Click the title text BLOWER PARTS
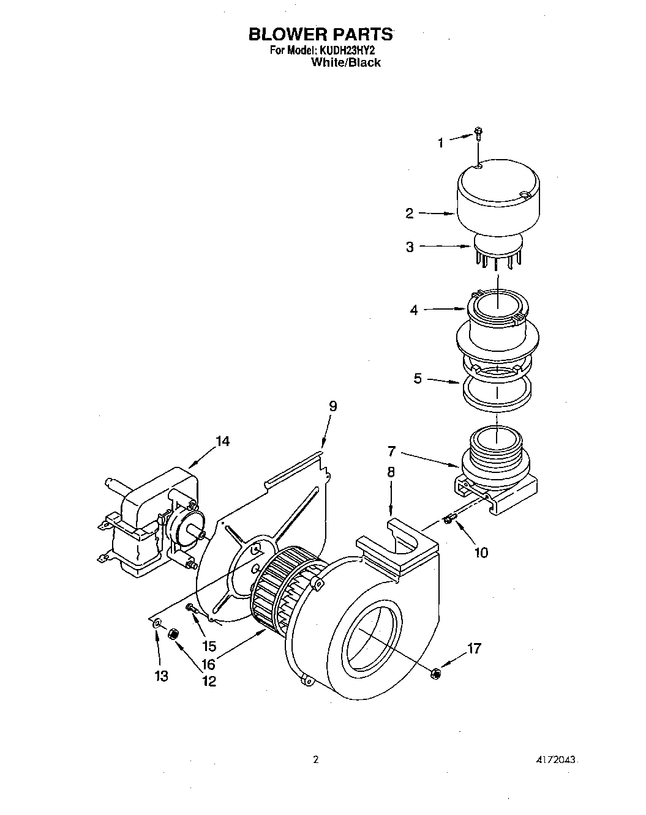point(320,34)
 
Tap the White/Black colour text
point(346,62)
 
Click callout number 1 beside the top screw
point(440,143)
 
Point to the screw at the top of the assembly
point(479,133)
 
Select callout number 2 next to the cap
point(410,214)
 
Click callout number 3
point(410,247)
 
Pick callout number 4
point(414,310)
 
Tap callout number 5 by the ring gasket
point(418,379)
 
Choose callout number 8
point(391,472)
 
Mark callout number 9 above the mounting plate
point(332,406)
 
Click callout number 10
point(481,553)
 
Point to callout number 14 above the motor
point(222,441)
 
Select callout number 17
point(474,649)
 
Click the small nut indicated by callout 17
point(435,674)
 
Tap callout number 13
point(161,676)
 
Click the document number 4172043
point(555,760)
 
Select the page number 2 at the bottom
point(316,760)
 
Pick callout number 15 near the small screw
point(209,646)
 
